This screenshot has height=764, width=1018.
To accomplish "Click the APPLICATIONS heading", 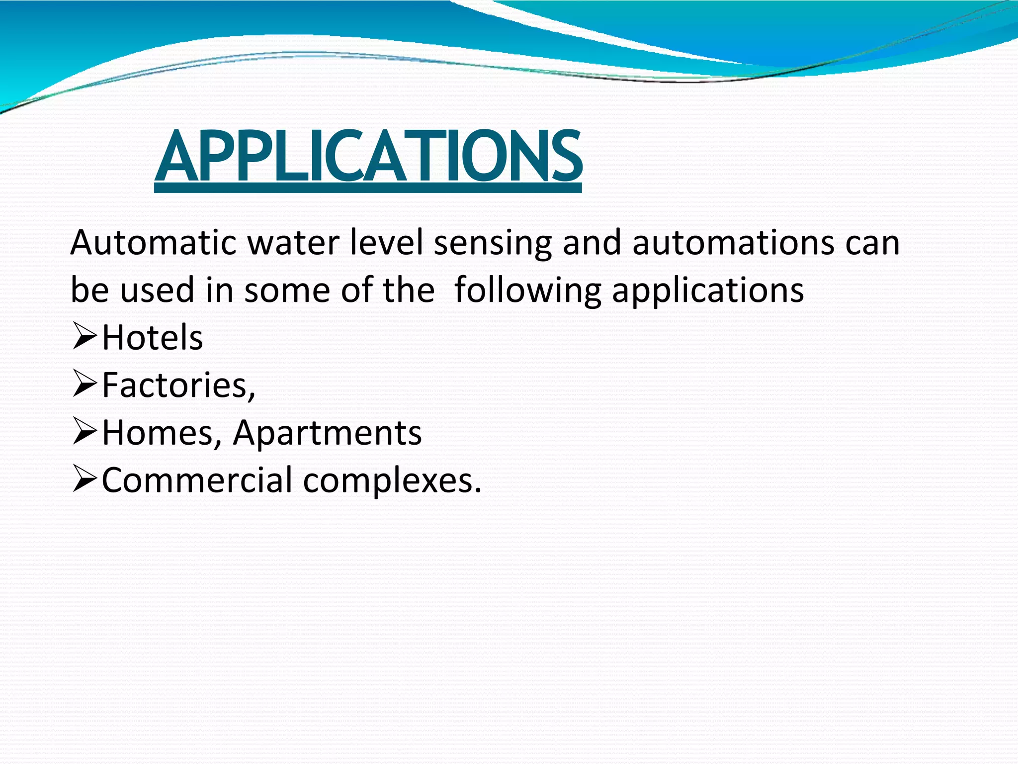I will coord(368,156).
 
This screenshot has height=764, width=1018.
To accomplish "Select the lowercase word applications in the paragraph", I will coord(708,291).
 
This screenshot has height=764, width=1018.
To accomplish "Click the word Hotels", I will coord(153,338).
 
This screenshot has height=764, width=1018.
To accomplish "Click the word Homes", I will coord(159,433).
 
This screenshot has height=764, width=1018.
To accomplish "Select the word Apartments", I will coord(328,433).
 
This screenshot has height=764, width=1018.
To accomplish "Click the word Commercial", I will coord(197,480).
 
